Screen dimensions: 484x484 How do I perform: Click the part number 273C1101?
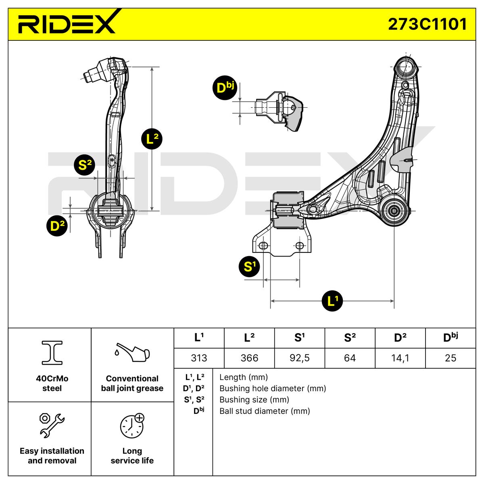(427, 24)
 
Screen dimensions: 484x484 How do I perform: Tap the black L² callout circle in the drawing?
(152, 139)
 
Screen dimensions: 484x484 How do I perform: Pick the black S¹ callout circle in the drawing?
(250, 267)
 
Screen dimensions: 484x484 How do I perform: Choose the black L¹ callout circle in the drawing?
(333, 300)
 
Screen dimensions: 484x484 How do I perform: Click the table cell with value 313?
(199, 358)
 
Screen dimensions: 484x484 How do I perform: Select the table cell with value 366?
(249, 358)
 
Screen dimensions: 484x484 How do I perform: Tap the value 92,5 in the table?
(299, 358)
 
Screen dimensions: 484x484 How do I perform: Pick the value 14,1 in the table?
(400, 358)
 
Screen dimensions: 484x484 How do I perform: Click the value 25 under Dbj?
(450, 358)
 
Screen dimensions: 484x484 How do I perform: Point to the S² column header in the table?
(350, 338)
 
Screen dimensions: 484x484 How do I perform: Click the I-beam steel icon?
(52, 352)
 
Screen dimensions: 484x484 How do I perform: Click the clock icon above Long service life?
(132, 426)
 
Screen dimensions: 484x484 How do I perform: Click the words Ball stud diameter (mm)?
(265, 411)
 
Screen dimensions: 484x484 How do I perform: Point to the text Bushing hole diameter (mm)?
(273, 388)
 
